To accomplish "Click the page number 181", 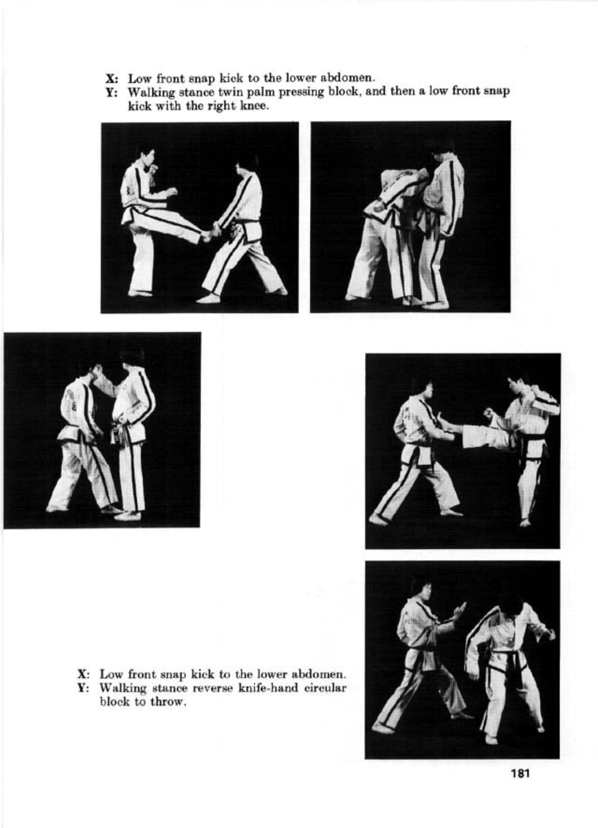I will pyautogui.click(x=519, y=773).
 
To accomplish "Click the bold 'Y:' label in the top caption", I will pyautogui.click(x=111, y=92).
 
